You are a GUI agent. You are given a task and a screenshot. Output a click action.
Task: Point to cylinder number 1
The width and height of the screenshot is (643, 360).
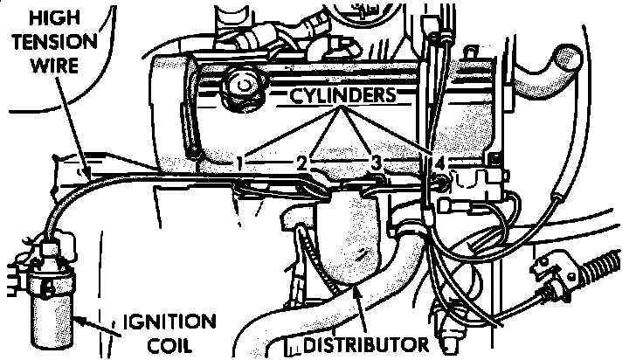[238, 162]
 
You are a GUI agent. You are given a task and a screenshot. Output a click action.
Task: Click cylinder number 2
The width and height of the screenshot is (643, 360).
[301, 162]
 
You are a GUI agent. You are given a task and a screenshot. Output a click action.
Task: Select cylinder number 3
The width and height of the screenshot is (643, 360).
[377, 163]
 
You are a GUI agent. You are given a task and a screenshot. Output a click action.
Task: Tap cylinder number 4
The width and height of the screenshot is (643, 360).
[439, 163]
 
